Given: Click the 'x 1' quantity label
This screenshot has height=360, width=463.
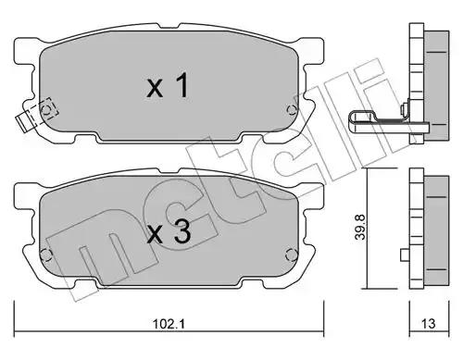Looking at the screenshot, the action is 168,85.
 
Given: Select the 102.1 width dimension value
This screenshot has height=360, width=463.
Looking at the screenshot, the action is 169,324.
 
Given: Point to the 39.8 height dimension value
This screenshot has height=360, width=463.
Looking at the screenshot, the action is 360,228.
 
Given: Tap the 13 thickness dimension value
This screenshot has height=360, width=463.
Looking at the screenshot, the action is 428,324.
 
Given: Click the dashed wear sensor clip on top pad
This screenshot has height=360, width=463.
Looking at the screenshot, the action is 37,115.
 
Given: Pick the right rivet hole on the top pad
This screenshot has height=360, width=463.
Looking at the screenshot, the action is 291,109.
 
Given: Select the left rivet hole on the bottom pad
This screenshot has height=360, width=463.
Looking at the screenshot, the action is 45,254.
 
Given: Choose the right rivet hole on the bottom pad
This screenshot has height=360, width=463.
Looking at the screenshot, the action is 291,254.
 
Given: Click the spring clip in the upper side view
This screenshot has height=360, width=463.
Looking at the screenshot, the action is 388,122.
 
